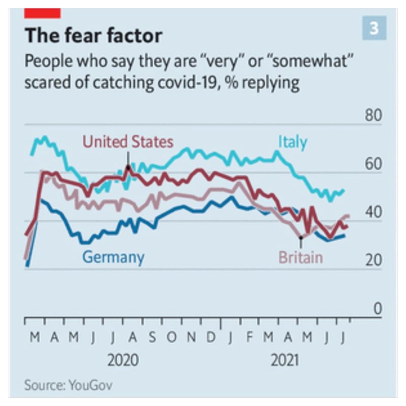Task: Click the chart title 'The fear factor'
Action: [93, 36]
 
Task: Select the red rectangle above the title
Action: [43, 13]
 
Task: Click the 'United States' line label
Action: [127, 142]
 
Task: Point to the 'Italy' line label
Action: [292, 142]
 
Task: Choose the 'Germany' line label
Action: [113, 257]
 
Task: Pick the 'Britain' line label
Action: [300, 257]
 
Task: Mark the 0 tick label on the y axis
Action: [377, 308]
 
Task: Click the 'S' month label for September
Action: [153, 337]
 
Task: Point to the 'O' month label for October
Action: [172, 337]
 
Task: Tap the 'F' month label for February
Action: [249, 337]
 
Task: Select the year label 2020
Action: [123, 360]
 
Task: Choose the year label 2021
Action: [285, 360]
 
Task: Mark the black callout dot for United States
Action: [128, 167]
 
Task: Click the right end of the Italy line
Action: [344, 191]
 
